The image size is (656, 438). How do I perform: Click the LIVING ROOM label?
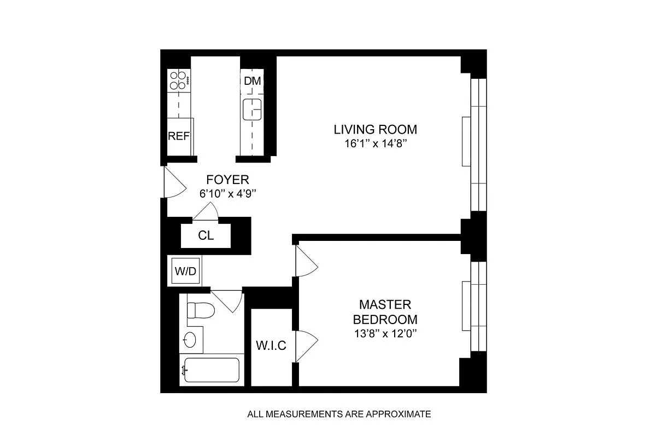coord(375,130)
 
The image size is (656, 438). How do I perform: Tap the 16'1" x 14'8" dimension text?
coord(375,145)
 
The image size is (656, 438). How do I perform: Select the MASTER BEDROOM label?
coord(385,312)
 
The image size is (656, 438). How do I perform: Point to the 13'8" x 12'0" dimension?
coord(385,333)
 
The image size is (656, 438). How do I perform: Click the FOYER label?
coord(227,180)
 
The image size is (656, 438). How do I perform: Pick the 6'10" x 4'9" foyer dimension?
coord(227,193)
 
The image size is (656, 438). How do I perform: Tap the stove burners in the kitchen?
coord(179,80)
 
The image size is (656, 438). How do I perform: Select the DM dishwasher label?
coord(252,81)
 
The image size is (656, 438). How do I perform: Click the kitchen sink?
coord(252,109)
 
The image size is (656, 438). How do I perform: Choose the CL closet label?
coord(206,236)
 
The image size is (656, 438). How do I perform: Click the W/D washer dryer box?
coord(185,271)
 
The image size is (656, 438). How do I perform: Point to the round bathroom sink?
coord(190,340)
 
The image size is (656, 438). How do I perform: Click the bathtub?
coord(210,371)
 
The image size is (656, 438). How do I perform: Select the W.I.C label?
coord(271,347)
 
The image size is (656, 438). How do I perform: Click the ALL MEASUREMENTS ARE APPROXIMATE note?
coord(339,414)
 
